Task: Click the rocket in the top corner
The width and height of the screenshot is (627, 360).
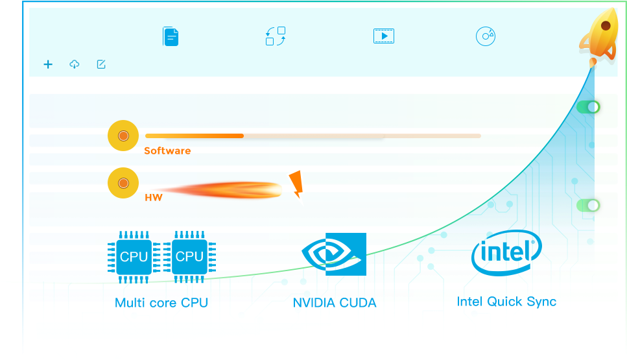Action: pyautogui.click(x=599, y=35)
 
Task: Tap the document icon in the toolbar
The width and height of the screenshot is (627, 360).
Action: pyautogui.click(x=171, y=36)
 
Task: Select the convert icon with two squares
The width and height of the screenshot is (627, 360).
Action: pyautogui.click(x=276, y=36)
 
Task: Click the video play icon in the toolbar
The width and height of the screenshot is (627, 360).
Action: pyautogui.click(x=384, y=36)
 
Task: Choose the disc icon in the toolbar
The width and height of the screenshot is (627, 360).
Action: pyautogui.click(x=486, y=36)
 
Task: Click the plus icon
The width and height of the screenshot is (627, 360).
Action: pyautogui.click(x=48, y=64)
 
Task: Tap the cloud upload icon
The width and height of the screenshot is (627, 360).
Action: pyautogui.click(x=75, y=64)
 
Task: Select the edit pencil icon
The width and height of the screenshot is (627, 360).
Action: pyautogui.click(x=101, y=64)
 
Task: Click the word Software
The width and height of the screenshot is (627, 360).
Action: pyautogui.click(x=167, y=150)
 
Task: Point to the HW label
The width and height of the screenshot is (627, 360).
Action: pyautogui.click(x=154, y=197)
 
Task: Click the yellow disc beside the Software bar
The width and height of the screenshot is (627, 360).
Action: pyautogui.click(x=123, y=136)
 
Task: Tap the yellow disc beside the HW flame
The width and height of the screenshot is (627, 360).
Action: pyautogui.click(x=123, y=183)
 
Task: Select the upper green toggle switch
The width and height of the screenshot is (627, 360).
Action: pyautogui.click(x=588, y=107)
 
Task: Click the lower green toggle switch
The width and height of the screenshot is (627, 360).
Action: pyautogui.click(x=588, y=206)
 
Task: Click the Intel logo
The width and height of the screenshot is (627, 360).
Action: pyautogui.click(x=506, y=254)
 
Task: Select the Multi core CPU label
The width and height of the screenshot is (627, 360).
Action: pyautogui.click(x=161, y=303)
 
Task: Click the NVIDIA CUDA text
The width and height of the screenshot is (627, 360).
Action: pyautogui.click(x=335, y=303)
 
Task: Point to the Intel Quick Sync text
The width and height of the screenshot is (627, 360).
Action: pyautogui.click(x=506, y=302)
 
